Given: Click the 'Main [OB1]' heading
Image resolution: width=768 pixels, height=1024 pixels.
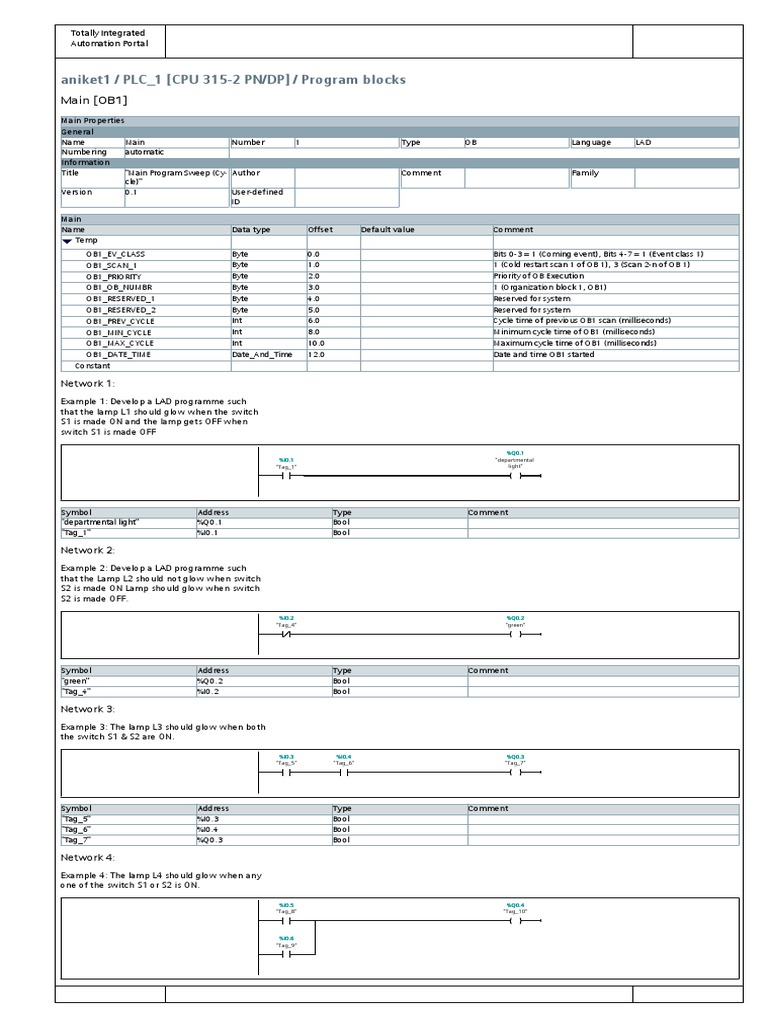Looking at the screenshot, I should coord(94,100).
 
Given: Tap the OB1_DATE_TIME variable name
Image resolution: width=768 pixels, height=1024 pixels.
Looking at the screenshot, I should coord(118,354).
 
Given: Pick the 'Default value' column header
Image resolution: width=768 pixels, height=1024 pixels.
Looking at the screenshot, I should coord(387,229).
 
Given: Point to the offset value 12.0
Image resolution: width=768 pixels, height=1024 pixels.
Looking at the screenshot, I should coord(318,354).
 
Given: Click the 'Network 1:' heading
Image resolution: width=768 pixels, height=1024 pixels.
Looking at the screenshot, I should coord(88,383).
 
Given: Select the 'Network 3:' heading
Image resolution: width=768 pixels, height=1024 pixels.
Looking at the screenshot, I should coord(88,708).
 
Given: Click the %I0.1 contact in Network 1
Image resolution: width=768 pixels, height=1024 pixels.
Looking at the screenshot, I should coord(286,477).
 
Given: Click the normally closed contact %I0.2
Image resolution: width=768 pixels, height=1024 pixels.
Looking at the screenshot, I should coord(286,634).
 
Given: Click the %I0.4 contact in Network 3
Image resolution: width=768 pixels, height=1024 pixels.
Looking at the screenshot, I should coord(343,772).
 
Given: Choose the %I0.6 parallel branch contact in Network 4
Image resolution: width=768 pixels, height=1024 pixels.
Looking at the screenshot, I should coord(286,954).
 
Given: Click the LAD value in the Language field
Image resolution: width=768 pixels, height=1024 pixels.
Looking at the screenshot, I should coord(645,142).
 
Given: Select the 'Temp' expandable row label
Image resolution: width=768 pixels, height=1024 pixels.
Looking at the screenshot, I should coord(85,241).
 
